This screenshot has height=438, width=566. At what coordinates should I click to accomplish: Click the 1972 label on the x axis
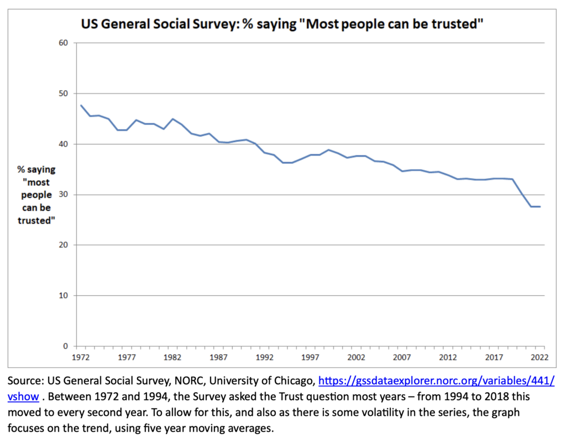(x=81, y=357)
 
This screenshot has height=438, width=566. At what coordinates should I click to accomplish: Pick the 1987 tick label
(x=219, y=357)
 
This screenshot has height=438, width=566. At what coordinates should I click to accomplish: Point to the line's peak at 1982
(x=173, y=119)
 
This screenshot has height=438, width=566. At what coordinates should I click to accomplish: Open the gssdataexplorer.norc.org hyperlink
(x=436, y=382)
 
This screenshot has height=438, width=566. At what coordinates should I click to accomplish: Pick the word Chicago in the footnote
(x=290, y=382)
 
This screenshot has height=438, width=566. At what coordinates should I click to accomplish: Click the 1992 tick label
(x=265, y=357)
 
